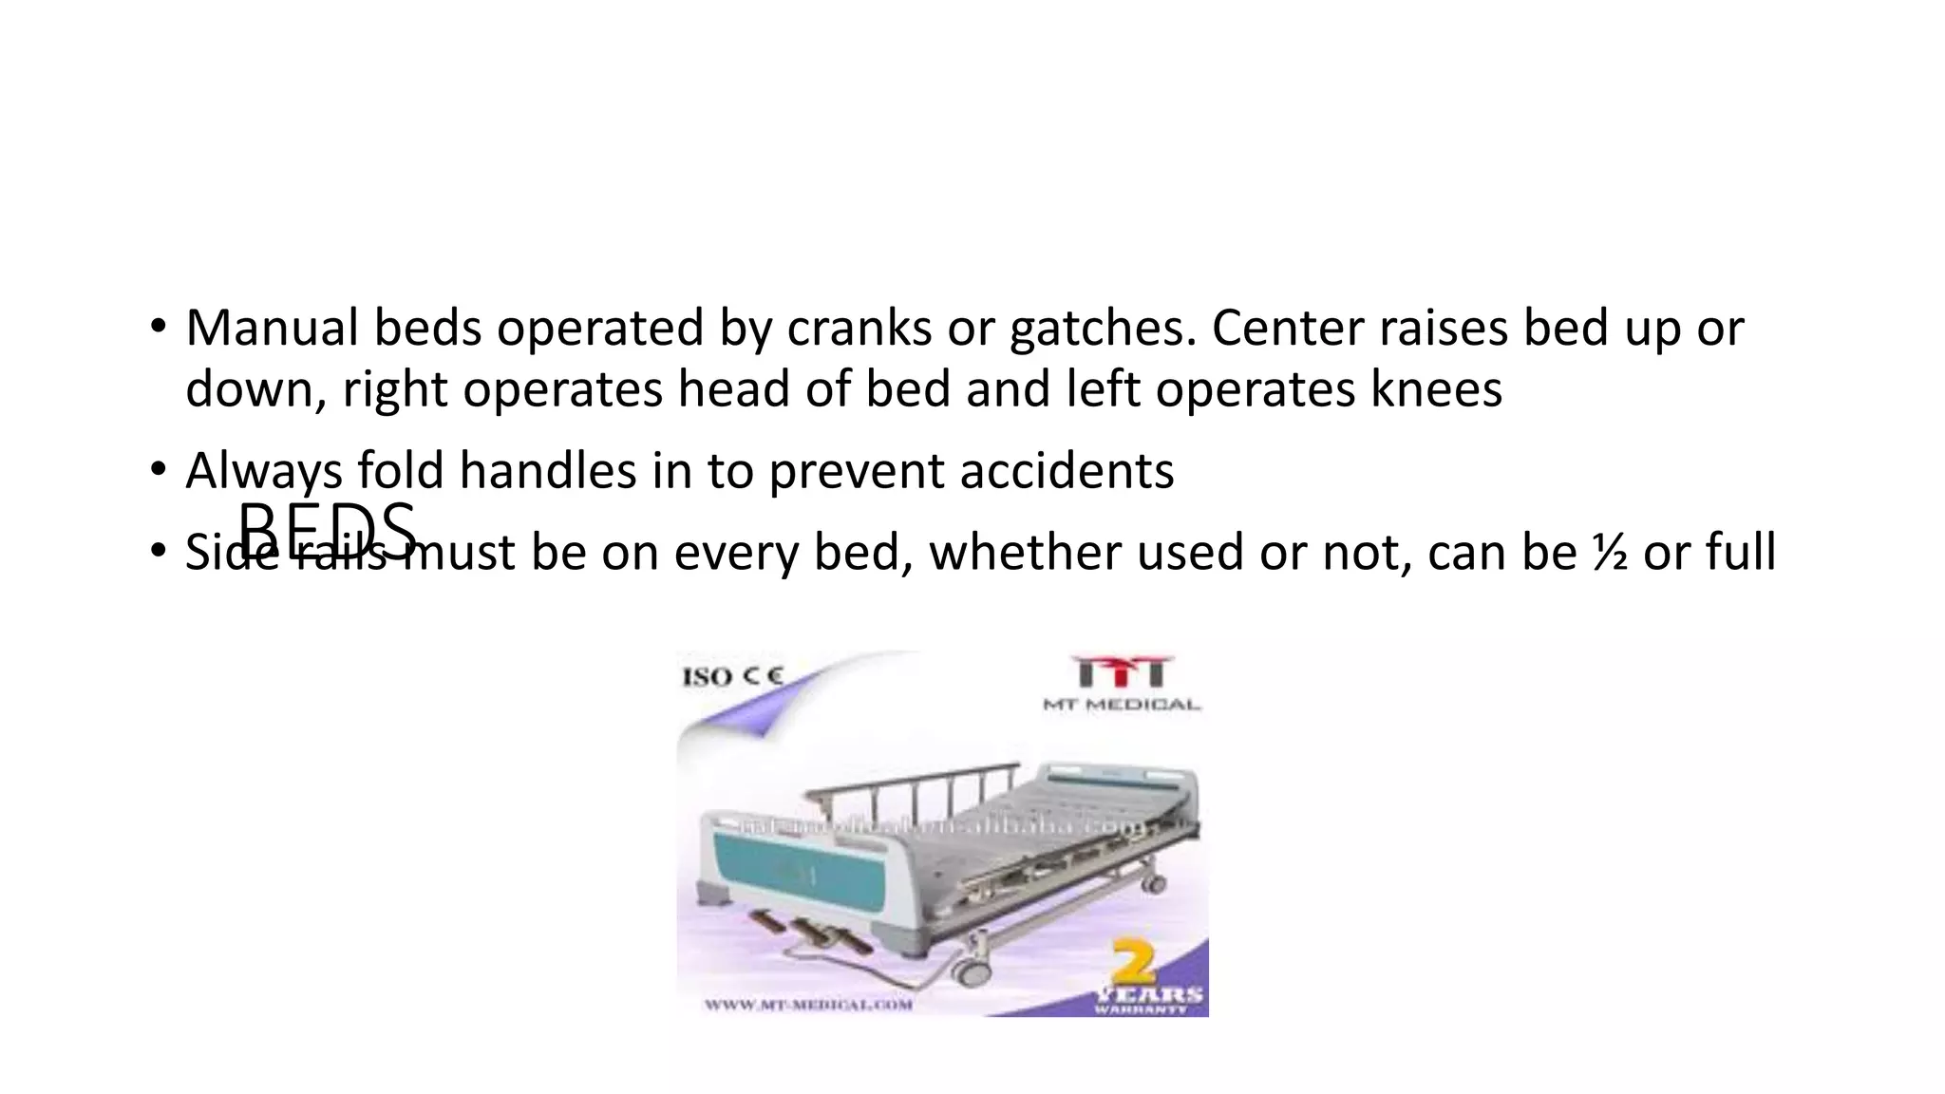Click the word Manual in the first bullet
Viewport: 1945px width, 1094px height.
pos(272,329)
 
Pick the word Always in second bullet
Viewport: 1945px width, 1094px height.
pos(263,471)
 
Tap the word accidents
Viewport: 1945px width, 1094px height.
pos(1067,471)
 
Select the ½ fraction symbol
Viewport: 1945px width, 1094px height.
pos(1609,553)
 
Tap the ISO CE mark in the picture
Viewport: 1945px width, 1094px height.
pos(732,677)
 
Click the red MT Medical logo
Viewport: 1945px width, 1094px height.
pos(1122,672)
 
